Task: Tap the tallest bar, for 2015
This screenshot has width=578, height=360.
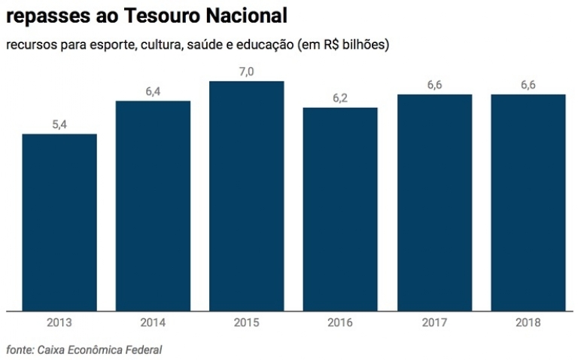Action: (246, 195)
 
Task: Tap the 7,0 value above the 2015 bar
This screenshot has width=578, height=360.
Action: (246, 72)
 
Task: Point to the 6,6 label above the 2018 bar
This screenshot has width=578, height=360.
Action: (528, 85)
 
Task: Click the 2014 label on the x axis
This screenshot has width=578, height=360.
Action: (153, 322)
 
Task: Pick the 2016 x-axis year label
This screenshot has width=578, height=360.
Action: (340, 322)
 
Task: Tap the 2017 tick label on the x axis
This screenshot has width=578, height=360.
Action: (434, 322)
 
